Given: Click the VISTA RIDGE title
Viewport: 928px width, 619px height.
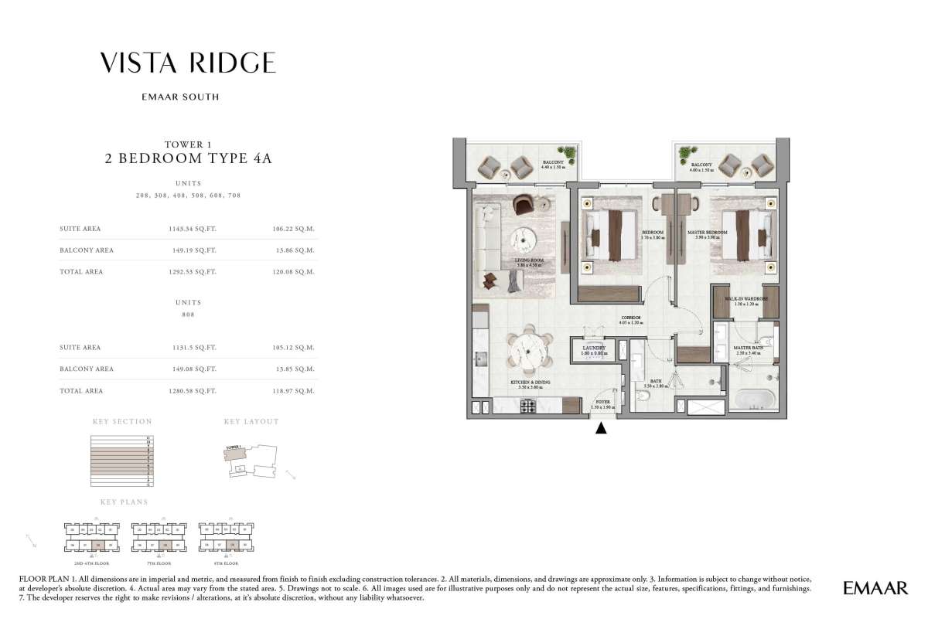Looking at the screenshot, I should pos(188,63).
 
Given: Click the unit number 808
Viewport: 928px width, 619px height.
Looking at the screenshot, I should pos(188,315).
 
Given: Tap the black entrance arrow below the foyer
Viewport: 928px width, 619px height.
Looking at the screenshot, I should pos(602,427).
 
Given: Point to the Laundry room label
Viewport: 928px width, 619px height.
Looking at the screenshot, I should pos(594,349).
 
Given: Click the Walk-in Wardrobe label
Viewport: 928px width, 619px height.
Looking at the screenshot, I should pos(745,300).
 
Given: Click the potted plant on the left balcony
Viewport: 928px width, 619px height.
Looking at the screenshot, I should pos(568,152).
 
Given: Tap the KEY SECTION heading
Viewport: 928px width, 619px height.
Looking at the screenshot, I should pos(122,422).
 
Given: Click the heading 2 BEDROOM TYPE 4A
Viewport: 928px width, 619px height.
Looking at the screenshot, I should pos(188,160).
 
